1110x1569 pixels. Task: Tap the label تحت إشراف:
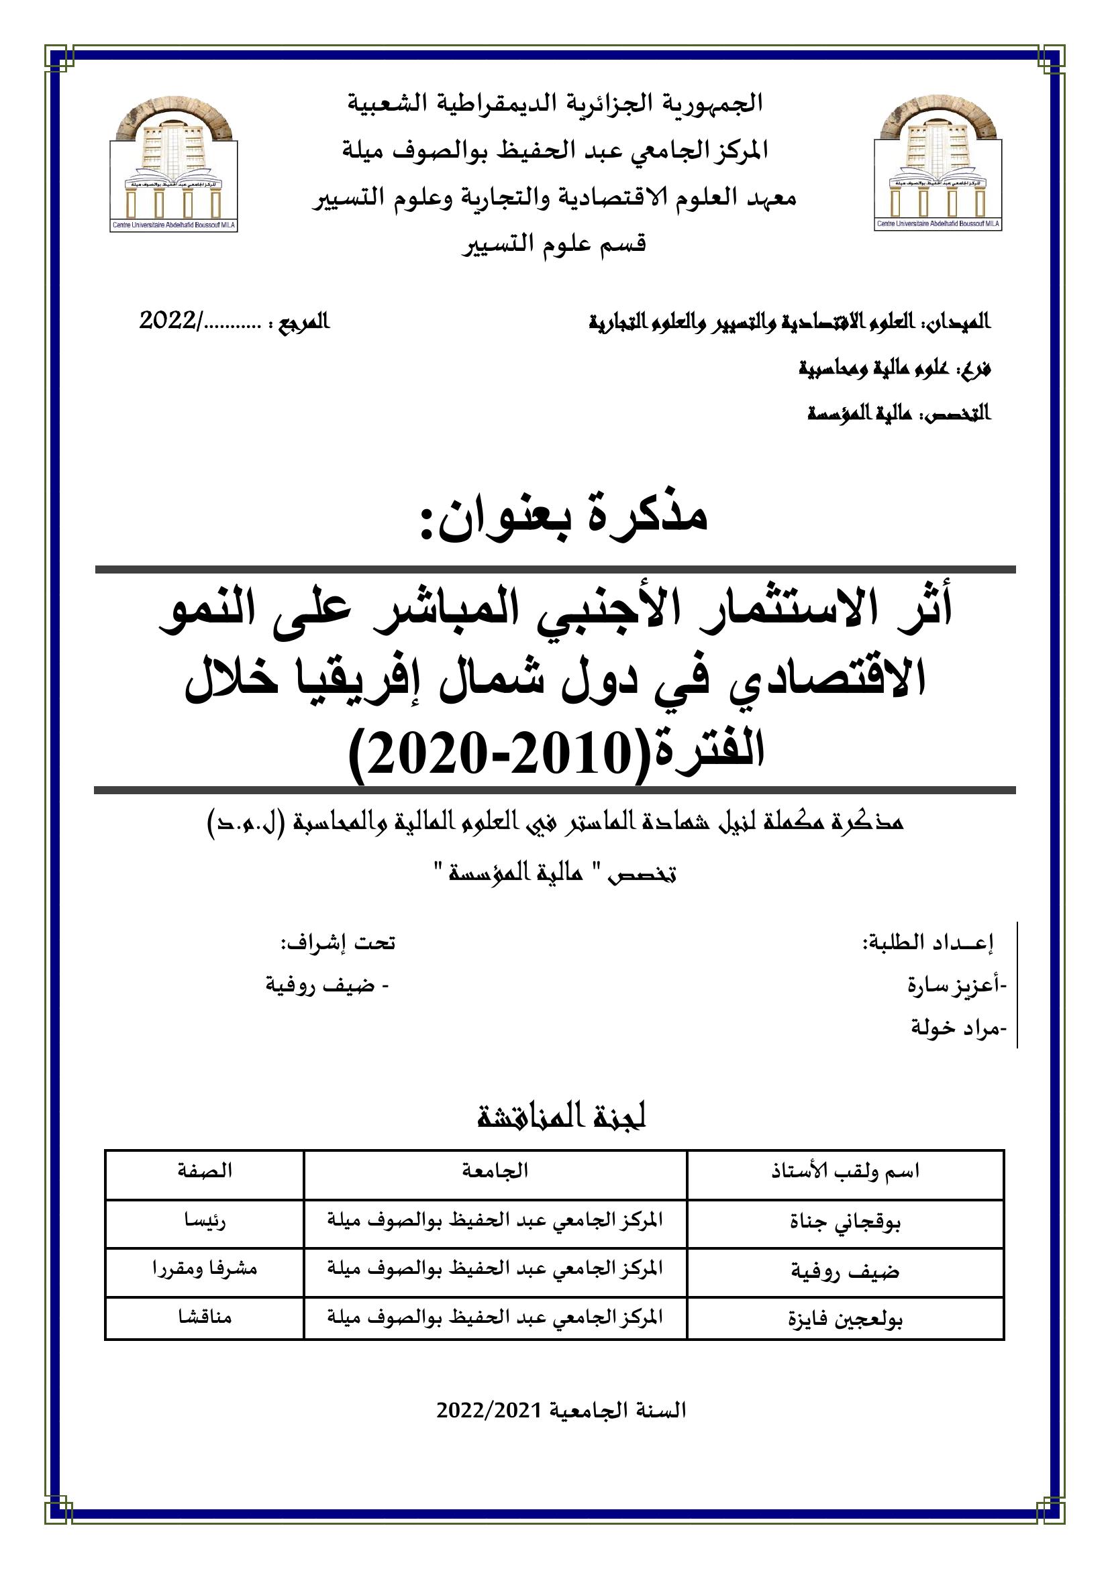[x=338, y=943]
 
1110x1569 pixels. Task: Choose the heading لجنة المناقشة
[x=561, y=1117]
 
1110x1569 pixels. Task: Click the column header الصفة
[x=205, y=1171]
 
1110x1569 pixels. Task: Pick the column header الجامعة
[x=495, y=1171]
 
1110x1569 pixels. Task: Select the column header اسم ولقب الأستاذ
[x=846, y=1171]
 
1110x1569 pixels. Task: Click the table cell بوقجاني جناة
[x=846, y=1221]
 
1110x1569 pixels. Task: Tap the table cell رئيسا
[x=205, y=1221]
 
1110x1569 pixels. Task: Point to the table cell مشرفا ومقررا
[x=205, y=1269]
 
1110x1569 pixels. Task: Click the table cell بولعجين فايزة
[x=846, y=1317]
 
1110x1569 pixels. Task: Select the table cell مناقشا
[x=205, y=1316]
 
